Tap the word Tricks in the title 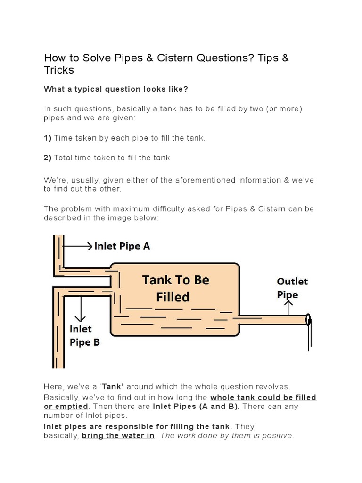[x=59, y=70]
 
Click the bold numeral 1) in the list [x=48, y=138]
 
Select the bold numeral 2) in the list [x=48, y=158]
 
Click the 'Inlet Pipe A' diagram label [x=122, y=246]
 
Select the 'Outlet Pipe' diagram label [x=292, y=288]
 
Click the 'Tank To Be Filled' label [x=176, y=288]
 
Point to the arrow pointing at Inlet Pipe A [x=77, y=246]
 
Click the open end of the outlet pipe [x=308, y=320]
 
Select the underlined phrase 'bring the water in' [x=118, y=435]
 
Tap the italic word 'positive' [x=277, y=435]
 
